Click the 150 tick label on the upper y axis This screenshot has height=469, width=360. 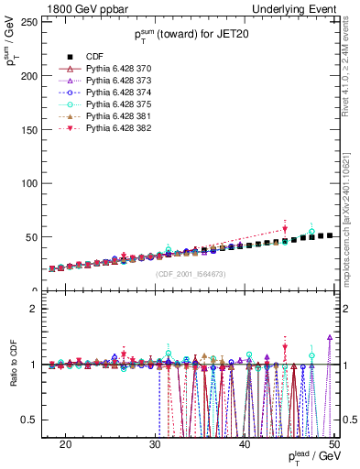coord(33,130)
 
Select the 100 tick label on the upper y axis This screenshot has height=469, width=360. coord(33,183)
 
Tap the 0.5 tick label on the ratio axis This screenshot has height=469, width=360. coord(34,420)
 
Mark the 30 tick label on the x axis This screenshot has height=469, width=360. coord(155,444)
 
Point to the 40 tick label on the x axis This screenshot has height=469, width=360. coord(245,444)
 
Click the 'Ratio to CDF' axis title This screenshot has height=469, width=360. coord(13,377)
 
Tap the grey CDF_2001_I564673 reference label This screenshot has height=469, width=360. coord(191,274)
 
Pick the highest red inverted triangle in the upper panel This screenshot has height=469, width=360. coord(285,229)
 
